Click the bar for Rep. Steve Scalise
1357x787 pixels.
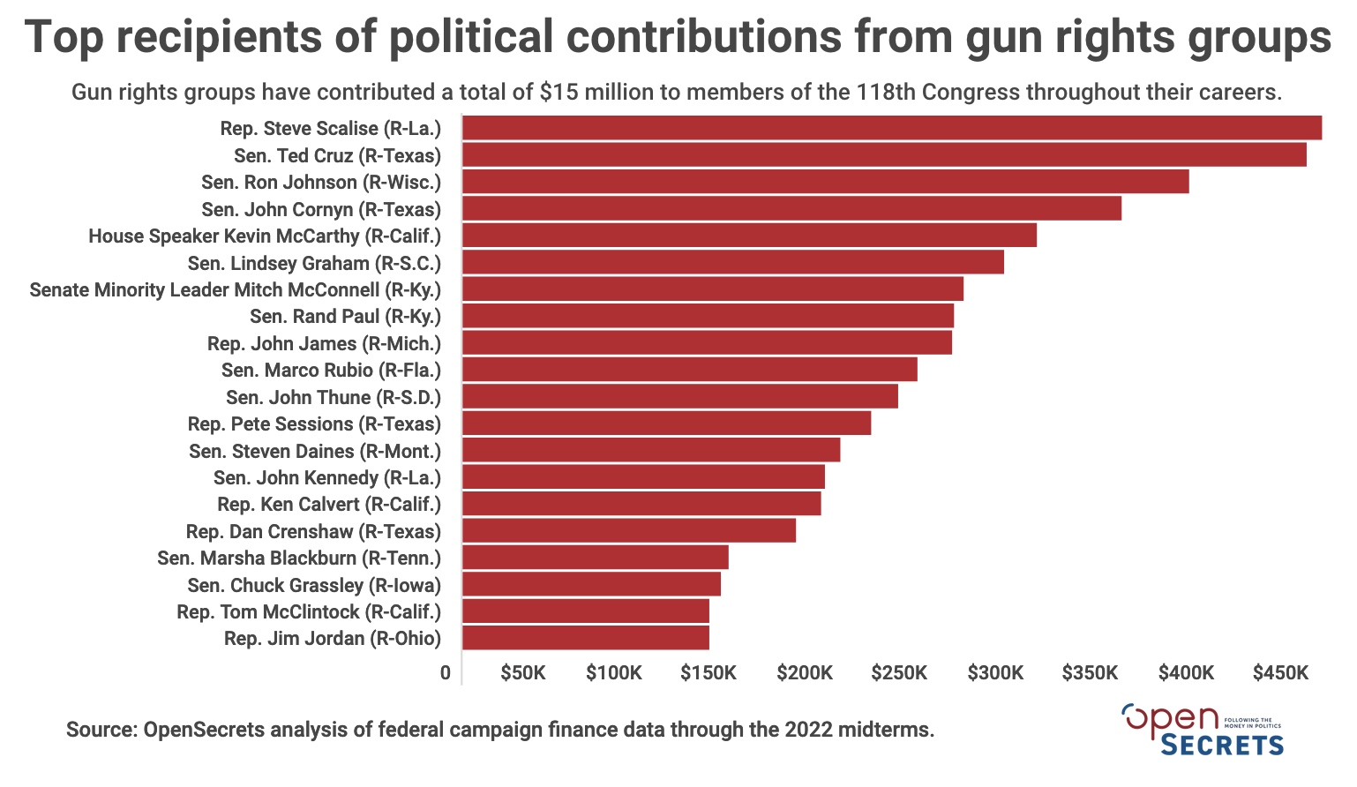click(x=891, y=128)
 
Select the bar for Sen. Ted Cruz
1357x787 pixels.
click(x=884, y=155)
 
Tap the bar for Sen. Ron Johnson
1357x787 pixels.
click(x=825, y=182)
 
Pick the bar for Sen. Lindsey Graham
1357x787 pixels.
click(x=732, y=262)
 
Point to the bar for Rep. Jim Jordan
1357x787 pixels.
click(x=585, y=638)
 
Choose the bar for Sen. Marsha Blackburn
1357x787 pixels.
click(x=595, y=558)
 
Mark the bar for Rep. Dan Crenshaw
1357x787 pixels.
click(x=628, y=531)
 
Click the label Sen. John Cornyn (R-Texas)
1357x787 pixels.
click(x=321, y=209)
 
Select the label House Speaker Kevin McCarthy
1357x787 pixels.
click(x=265, y=236)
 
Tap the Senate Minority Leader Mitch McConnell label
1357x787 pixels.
click(x=235, y=290)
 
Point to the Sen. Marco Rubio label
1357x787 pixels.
click(x=331, y=371)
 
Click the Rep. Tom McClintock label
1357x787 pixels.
click(x=309, y=611)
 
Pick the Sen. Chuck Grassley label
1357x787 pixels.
click(x=314, y=585)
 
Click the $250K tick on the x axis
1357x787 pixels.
click(x=899, y=673)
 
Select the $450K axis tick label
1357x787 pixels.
click(x=1279, y=673)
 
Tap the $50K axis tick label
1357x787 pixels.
click(x=522, y=673)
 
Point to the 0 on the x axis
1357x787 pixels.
click(x=446, y=673)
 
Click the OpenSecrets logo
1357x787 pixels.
click(x=1202, y=730)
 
